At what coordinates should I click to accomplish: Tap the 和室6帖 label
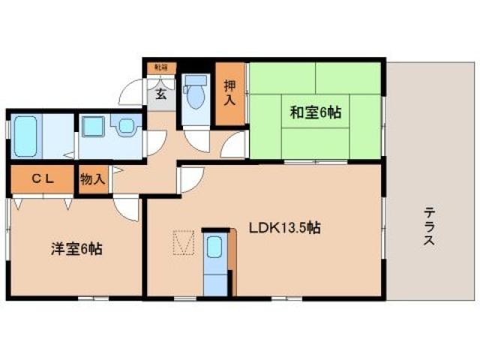click(316, 113)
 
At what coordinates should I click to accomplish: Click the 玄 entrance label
click(161, 94)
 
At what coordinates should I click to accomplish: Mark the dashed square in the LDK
click(183, 241)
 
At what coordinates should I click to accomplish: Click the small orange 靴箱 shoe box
click(160, 67)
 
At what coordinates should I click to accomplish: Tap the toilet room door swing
click(196, 141)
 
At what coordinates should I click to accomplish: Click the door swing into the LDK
click(189, 180)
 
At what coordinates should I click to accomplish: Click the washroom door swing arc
click(157, 142)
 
